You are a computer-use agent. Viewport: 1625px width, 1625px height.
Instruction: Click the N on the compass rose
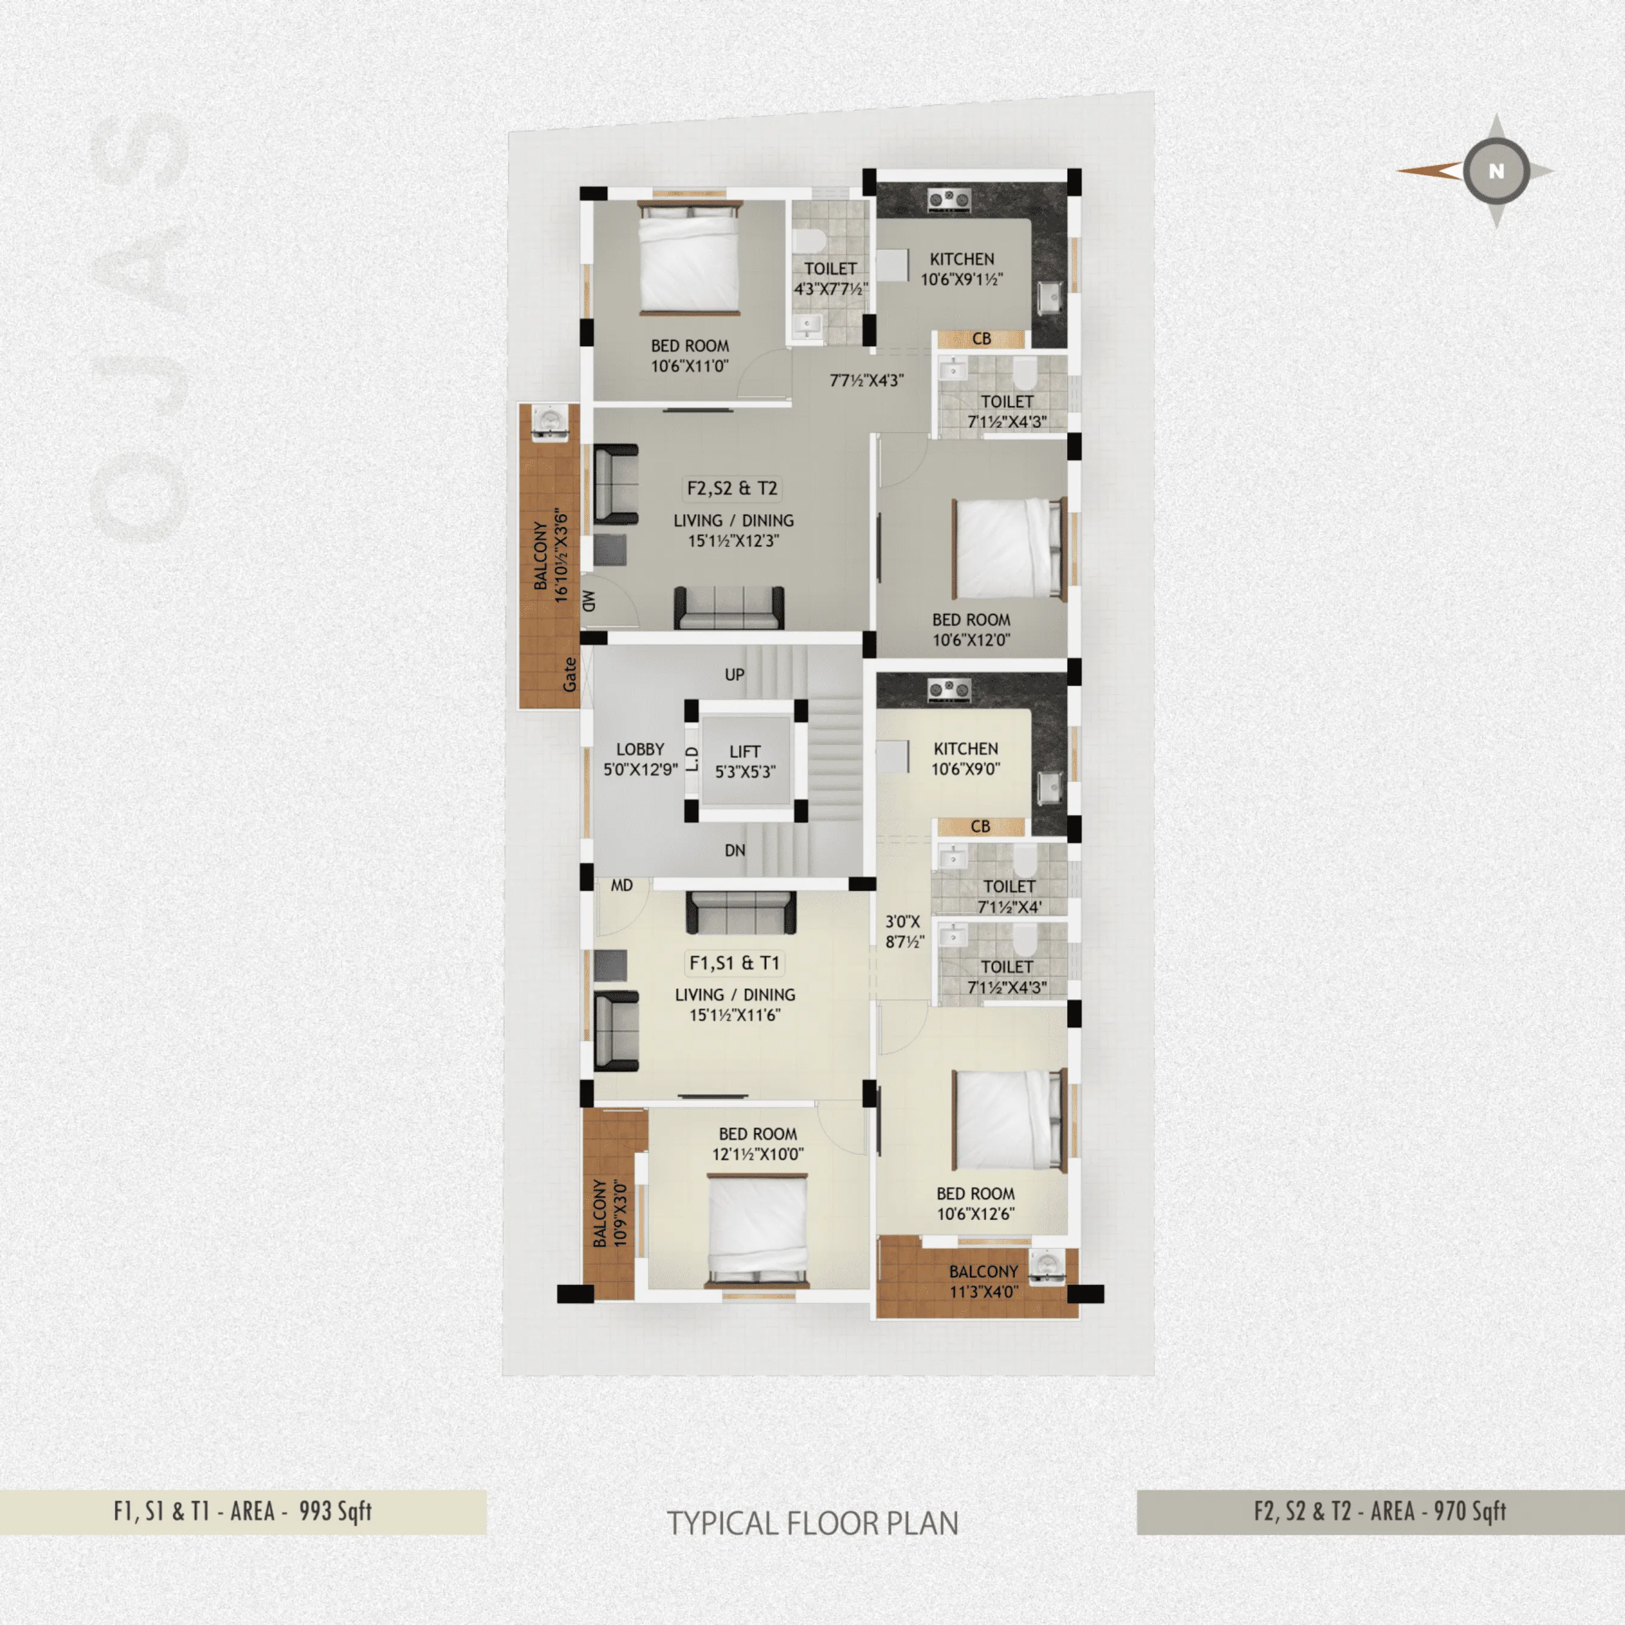pyautogui.click(x=1496, y=172)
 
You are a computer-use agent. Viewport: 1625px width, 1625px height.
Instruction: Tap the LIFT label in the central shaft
pyautogui.click(x=744, y=751)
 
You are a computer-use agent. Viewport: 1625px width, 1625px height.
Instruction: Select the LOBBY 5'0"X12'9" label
pyautogui.click(x=640, y=759)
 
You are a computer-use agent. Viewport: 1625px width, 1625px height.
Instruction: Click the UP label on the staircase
pyautogui.click(x=734, y=675)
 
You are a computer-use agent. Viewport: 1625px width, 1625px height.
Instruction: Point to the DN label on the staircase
pyautogui.click(x=734, y=850)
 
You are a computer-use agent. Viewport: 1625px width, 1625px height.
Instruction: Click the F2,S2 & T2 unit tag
pyautogui.click(x=732, y=489)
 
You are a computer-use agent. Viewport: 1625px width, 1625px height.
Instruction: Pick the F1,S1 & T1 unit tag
pyautogui.click(x=734, y=963)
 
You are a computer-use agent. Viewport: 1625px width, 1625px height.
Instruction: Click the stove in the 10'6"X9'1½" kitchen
pyautogui.click(x=949, y=199)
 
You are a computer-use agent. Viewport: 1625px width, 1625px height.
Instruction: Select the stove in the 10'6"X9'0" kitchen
pyautogui.click(x=949, y=690)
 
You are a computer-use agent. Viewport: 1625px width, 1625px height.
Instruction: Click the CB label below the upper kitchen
pyautogui.click(x=981, y=339)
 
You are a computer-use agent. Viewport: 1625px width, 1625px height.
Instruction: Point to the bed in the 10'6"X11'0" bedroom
pyautogui.click(x=690, y=258)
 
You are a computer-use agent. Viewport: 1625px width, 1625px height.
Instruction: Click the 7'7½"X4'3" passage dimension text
pyautogui.click(x=866, y=380)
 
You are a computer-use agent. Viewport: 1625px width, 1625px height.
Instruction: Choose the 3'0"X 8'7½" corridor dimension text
pyautogui.click(x=904, y=931)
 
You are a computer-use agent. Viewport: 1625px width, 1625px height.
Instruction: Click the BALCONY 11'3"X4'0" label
pyautogui.click(x=983, y=1281)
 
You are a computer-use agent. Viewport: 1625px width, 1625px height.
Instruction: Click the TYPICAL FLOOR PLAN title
pyautogui.click(x=812, y=1523)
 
